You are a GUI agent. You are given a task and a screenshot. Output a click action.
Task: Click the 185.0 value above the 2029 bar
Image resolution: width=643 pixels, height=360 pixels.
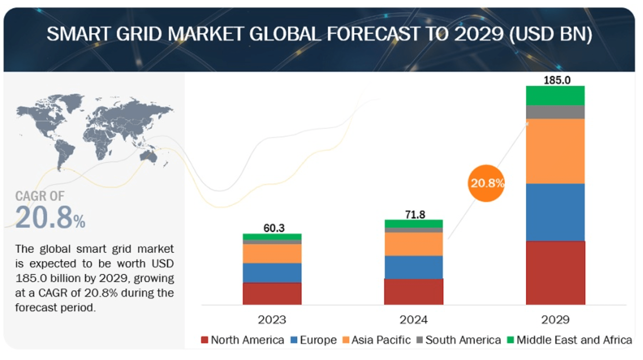point(557,80)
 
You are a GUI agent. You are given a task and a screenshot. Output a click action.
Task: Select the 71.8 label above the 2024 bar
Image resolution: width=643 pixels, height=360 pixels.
point(415,215)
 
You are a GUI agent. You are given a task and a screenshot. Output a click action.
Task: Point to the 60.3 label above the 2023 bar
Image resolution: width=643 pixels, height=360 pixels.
point(274,228)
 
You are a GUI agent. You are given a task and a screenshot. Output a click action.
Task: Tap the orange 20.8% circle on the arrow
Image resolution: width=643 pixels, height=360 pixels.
point(487,183)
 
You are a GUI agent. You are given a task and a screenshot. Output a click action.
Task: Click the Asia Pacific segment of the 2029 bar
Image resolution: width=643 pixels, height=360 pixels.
point(555,151)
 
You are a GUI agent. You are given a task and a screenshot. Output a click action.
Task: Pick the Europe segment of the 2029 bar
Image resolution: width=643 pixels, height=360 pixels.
point(555,212)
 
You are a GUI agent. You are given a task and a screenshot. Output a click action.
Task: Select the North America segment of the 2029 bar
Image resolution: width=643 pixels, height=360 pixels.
point(555,273)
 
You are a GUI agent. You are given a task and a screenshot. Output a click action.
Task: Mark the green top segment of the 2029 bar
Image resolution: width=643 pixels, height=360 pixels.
point(555,96)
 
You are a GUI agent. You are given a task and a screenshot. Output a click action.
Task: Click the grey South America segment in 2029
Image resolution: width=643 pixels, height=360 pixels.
point(555,112)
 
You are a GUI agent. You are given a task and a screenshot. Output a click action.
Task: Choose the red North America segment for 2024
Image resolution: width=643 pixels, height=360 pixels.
point(413,292)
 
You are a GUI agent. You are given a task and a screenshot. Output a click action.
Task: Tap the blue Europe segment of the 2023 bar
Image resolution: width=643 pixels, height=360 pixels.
point(272,273)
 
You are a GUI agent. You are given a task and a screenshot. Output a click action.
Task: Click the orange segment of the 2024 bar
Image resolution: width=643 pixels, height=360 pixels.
point(413,244)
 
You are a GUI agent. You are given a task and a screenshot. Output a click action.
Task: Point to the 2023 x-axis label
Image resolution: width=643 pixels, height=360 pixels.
point(272,320)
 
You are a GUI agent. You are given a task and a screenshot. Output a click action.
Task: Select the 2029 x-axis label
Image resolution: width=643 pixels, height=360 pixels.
point(555,320)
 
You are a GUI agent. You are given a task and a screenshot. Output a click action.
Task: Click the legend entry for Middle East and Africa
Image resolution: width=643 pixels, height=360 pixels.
point(570,340)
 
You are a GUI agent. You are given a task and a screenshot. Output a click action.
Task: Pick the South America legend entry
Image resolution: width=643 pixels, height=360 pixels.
point(459,340)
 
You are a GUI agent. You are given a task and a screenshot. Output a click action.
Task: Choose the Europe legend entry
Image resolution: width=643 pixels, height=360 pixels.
point(314,340)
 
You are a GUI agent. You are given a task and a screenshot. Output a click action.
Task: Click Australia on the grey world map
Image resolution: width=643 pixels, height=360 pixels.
point(148,156)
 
